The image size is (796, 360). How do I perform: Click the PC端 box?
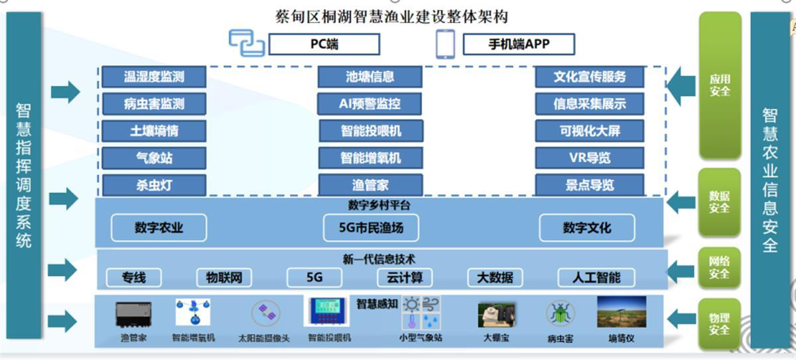pyautogui.click(x=324, y=44)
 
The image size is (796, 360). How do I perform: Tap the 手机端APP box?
pyautogui.click(x=519, y=44)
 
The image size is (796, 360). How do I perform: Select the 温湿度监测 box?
pyautogui.click(x=154, y=77)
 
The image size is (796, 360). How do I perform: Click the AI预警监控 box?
pyautogui.click(x=369, y=103)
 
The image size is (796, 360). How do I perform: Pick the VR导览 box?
pyautogui.click(x=589, y=157)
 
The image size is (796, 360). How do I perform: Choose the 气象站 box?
pyautogui.click(x=154, y=157)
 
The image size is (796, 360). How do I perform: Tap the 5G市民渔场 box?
pyautogui.click(x=371, y=228)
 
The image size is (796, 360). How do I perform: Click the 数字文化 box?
pyautogui.click(x=586, y=228)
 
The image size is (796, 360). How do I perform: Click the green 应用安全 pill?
pyautogui.click(x=720, y=86)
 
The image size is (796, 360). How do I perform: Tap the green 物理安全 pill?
pyautogui.click(x=720, y=324)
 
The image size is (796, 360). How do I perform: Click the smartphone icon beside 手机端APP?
pyautogui.click(x=445, y=44)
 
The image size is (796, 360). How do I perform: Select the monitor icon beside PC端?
pyautogui.click(x=246, y=42)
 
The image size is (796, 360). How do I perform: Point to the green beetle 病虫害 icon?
pyautogui.click(x=560, y=313)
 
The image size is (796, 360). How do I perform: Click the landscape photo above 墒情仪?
pyautogui.click(x=622, y=312)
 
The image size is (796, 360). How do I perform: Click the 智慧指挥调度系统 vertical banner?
pyautogui.click(x=24, y=176)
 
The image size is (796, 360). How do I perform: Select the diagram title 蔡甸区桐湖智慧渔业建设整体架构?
pyautogui.click(x=391, y=16)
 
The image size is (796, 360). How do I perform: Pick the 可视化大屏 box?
pyautogui.click(x=589, y=131)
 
